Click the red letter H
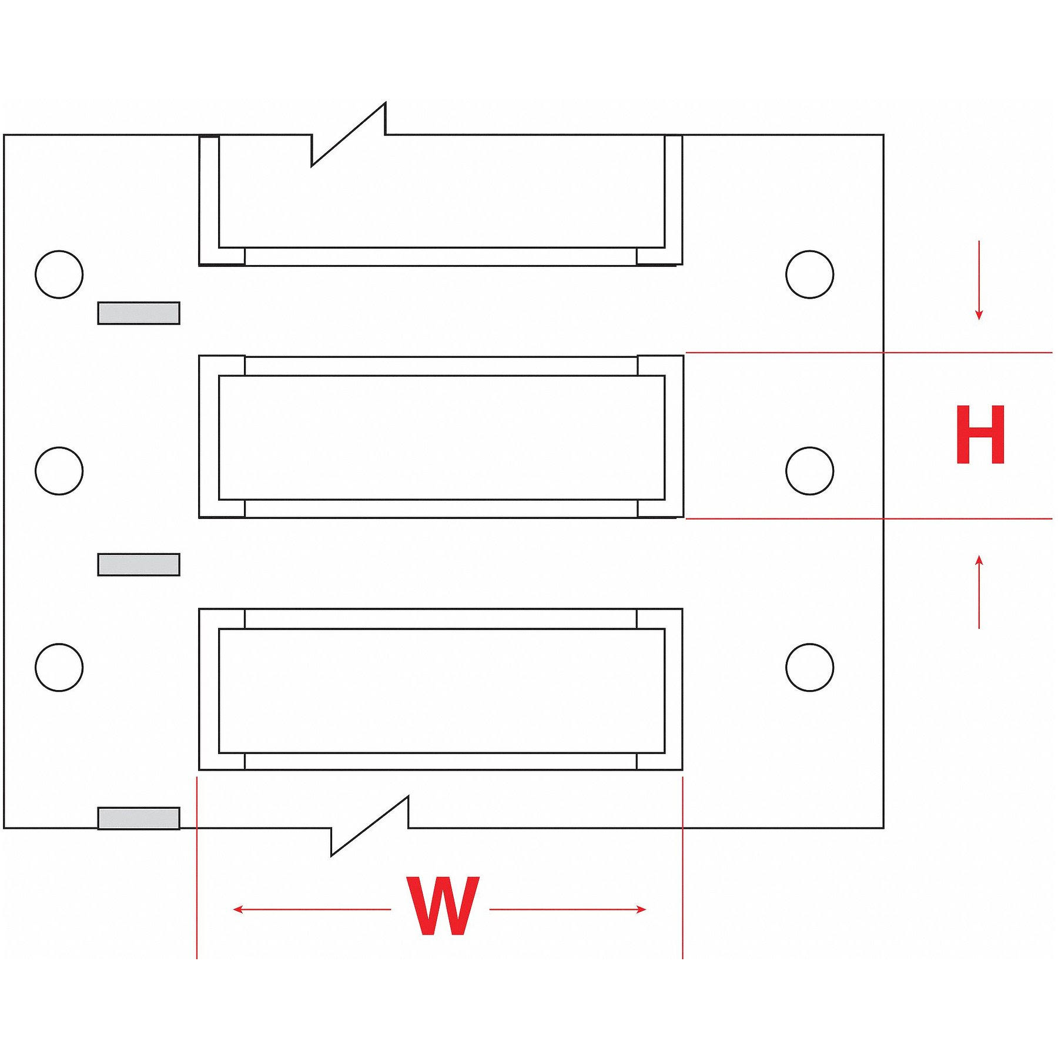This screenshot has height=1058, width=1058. (980, 435)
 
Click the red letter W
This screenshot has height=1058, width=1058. (443, 906)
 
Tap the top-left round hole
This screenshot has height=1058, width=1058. (59, 274)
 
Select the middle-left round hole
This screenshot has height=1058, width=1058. (59, 471)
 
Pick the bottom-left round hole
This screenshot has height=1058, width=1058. (59, 667)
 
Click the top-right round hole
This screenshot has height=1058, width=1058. (809, 274)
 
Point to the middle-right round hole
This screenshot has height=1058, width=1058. (809, 471)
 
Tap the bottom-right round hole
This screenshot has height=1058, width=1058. (809, 667)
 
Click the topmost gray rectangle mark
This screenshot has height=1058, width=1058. (139, 313)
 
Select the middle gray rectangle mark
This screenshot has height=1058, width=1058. (139, 564)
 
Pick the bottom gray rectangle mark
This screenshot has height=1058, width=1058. (139, 818)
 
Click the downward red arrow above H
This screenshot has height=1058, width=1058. (979, 280)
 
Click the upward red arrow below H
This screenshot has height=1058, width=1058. (979, 592)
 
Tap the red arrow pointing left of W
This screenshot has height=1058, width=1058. (312, 909)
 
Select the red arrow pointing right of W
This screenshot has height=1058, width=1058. (568, 909)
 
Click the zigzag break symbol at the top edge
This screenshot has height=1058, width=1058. (349, 135)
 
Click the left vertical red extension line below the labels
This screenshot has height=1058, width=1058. (197, 868)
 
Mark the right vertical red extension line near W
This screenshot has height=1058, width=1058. (682, 868)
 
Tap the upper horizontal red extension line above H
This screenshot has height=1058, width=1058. (869, 353)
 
